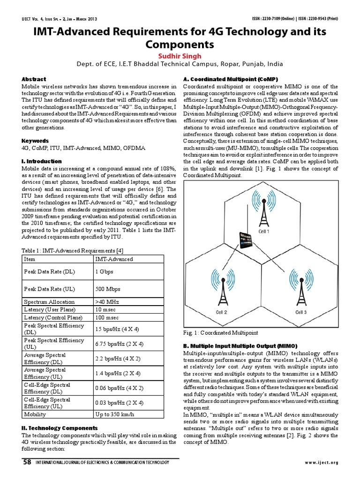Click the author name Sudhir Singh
pos(180,56)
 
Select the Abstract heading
pos(34,79)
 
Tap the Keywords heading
pos(35,141)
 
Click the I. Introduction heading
pos(41,161)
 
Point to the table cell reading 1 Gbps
pos(104,271)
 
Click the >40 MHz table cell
pos(107,302)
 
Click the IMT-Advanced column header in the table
pos(114,259)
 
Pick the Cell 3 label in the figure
pos(301,312)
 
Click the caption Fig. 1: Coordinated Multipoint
pos(220,332)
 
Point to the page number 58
pos(27,462)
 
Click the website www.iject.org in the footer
pos(321,463)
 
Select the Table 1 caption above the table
pos(73,250)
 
